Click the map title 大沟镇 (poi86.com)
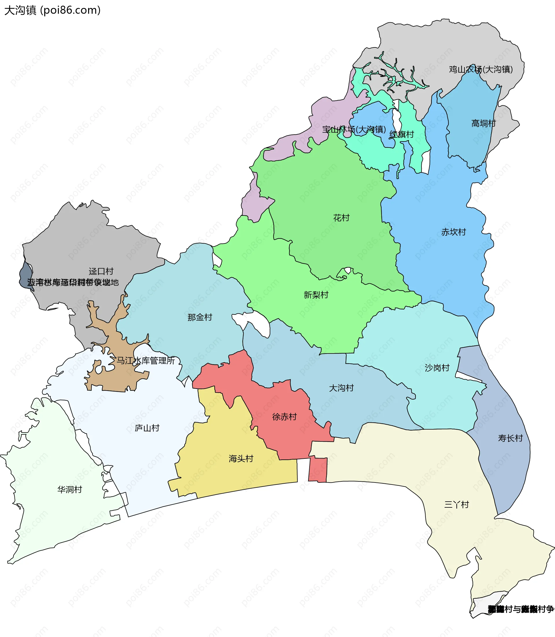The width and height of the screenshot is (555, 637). [x=52, y=10]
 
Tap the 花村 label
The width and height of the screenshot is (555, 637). [x=341, y=218]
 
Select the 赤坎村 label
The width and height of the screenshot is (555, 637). [x=454, y=232]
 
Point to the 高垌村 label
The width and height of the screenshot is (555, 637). [x=483, y=123]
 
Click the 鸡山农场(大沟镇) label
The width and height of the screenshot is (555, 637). [x=481, y=69]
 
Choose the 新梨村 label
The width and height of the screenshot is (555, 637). [x=316, y=295]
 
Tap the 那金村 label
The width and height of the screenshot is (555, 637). [x=200, y=317]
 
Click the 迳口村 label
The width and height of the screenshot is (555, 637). [x=101, y=272]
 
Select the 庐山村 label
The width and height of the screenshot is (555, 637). [x=147, y=428]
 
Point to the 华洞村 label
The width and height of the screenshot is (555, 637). [x=70, y=490]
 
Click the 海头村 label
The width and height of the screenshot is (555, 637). [x=241, y=459]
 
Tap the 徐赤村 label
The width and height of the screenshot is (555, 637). [x=284, y=417]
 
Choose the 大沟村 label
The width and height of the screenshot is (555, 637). [x=341, y=388]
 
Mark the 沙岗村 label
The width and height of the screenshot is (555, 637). [x=437, y=368]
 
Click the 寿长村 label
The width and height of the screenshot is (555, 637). [x=510, y=438]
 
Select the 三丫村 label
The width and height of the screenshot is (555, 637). [x=456, y=505]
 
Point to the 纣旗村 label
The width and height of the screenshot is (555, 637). [x=402, y=135]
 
